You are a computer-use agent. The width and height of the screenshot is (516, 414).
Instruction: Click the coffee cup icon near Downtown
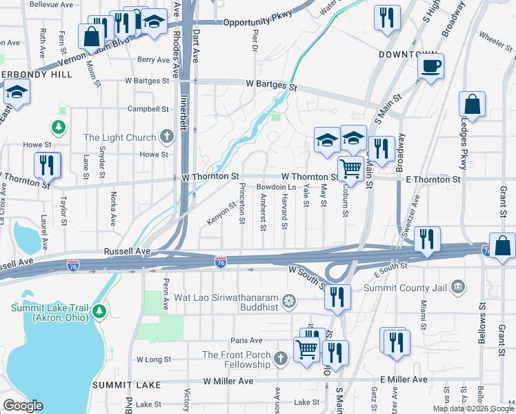click(x=431, y=66)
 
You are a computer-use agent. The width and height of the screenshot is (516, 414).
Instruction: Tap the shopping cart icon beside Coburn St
click(x=351, y=168)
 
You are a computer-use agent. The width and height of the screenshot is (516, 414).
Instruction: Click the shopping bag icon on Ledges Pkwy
click(x=473, y=106)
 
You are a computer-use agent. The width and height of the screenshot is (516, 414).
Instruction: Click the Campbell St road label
click(x=148, y=109)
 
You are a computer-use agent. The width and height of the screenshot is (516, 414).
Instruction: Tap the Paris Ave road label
click(x=246, y=340)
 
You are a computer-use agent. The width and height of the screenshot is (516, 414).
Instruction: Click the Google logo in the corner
click(x=23, y=405)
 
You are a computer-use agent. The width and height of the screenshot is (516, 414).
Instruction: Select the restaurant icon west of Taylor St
click(x=48, y=166)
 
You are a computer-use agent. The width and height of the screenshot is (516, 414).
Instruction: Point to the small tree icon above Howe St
click(x=59, y=127)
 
